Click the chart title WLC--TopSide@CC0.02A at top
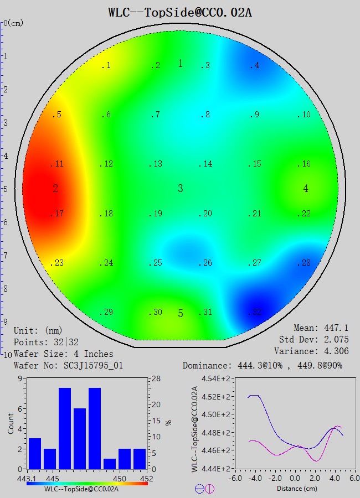[180, 12]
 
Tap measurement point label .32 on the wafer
[255, 313]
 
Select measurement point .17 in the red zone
[58, 214]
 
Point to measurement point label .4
[254, 66]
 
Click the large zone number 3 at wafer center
[180, 189]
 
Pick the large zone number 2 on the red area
[55, 189]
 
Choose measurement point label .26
[205, 263]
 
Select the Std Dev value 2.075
[336, 340]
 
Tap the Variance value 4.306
[336, 351]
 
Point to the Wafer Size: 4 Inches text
[64, 354]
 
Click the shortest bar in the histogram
[109, 464]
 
